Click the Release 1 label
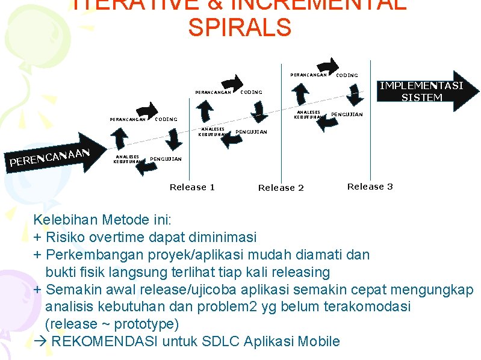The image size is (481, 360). coord(192,187)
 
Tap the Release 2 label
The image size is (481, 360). coord(281,188)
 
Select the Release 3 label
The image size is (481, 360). coord(370,187)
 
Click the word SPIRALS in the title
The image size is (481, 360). coord(240,28)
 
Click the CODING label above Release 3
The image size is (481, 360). coord(346,75)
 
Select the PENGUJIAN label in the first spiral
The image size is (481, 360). coord(165,159)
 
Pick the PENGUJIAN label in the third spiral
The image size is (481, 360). coord(347,114)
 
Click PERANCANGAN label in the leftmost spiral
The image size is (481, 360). coord(127,119)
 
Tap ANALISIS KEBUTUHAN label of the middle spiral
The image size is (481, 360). coord(213,131)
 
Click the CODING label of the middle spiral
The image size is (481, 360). coord(251,92)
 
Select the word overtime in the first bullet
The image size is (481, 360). coord(110,237)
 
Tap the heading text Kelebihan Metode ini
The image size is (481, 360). coord(102,219)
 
